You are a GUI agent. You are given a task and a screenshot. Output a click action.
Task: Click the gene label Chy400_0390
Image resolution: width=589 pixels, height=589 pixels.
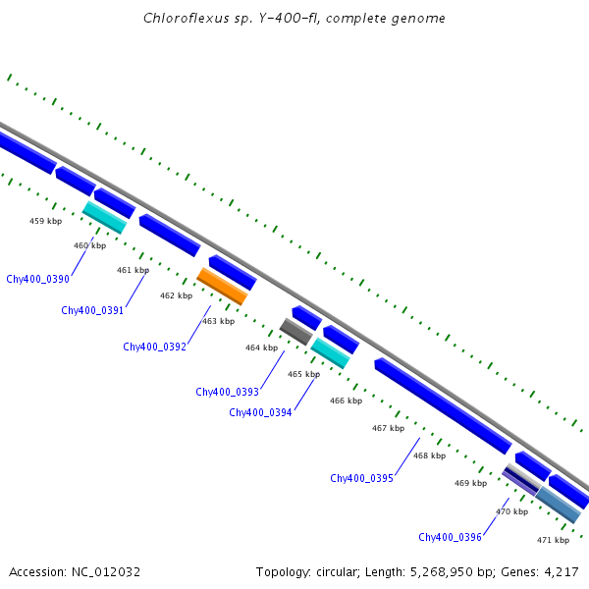click(x=37, y=279)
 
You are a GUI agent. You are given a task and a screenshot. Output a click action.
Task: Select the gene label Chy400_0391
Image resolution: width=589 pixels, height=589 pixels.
click(x=92, y=310)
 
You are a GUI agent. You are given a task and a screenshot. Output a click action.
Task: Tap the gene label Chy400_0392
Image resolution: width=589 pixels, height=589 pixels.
click(x=154, y=347)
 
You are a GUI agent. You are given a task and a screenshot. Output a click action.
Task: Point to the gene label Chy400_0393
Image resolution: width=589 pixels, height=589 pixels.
click(x=227, y=392)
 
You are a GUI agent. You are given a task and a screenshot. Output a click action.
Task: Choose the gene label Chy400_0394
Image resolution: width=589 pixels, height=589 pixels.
click(x=260, y=412)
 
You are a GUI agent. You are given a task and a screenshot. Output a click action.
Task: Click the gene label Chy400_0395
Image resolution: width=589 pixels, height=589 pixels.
click(x=361, y=478)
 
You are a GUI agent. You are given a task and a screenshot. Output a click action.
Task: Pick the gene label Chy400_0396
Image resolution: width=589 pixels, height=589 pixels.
click(x=450, y=537)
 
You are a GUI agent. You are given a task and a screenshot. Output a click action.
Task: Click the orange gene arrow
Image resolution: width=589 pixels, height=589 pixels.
click(x=222, y=286)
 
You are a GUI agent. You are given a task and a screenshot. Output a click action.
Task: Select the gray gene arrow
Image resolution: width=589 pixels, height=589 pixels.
click(x=295, y=331)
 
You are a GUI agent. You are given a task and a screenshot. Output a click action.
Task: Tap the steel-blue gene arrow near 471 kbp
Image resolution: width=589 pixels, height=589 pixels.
click(x=559, y=504)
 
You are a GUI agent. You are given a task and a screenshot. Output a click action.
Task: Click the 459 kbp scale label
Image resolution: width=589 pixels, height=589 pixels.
click(x=46, y=221)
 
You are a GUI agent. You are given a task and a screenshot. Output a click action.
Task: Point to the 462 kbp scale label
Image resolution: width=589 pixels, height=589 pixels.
click(x=176, y=295)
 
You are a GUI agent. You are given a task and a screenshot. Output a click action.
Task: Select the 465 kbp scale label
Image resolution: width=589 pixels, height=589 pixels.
click(x=303, y=374)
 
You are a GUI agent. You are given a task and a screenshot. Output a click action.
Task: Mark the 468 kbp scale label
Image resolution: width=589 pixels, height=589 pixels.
click(x=429, y=455)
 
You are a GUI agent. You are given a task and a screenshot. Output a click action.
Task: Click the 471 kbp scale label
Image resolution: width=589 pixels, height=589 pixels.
click(x=553, y=540)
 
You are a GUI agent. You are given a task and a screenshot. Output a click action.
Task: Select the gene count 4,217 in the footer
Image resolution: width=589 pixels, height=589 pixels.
click(x=560, y=571)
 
